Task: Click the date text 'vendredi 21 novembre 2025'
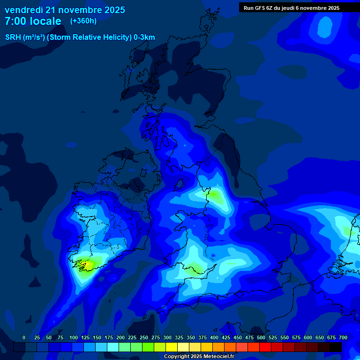(65, 10)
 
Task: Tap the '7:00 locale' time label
(33, 21)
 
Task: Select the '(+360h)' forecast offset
(83, 21)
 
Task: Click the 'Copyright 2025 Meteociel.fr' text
(199, 357)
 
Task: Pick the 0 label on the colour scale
(24, 337)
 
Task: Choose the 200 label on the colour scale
(120, 337)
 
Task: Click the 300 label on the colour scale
(167, 337)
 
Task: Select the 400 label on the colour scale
(214, 337)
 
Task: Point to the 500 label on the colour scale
(261, 337)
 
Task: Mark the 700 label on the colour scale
(343, 337)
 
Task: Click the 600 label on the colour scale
(308, 337)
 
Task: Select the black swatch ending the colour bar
(336, 347)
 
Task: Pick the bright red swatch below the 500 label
(265, 347)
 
